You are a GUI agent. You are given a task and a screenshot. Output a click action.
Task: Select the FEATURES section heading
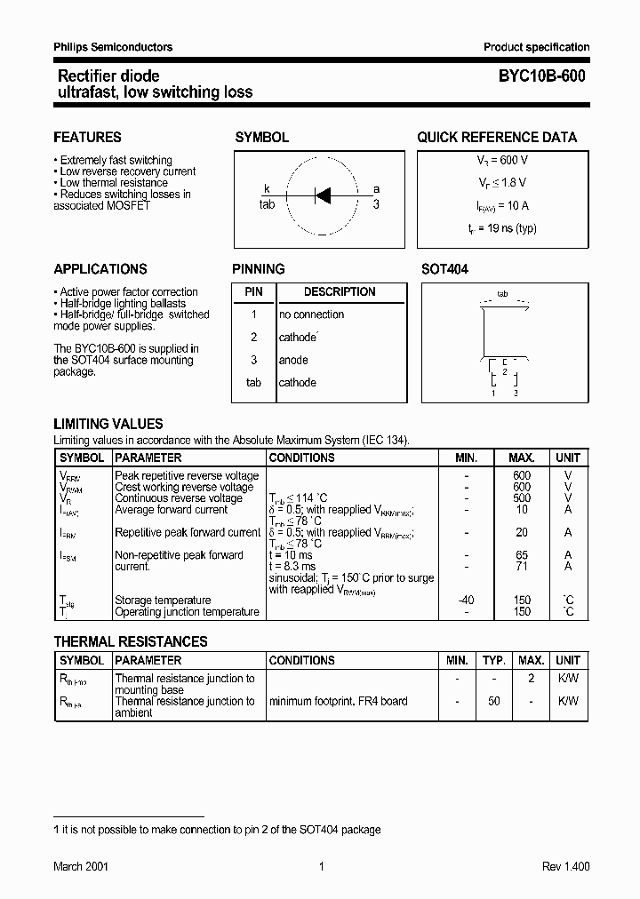coord(87,138)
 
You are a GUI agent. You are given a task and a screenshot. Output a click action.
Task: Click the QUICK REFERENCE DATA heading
coord(497,138)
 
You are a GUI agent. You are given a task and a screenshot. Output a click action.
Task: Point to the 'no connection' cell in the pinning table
coord(311,314)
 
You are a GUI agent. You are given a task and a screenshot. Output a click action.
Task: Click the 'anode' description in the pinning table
coord(293,360)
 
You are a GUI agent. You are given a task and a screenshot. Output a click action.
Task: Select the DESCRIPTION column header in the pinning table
coord(340,291)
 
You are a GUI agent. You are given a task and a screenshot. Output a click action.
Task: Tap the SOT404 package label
coord(444,269)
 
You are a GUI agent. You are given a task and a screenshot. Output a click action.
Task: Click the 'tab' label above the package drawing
coord(502,293)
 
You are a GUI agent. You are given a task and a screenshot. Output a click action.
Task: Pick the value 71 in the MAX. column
coord(522,566)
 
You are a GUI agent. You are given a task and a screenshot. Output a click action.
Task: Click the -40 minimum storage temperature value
coord(466,601)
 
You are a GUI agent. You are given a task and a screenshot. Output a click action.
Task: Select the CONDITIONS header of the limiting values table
coord(301,457)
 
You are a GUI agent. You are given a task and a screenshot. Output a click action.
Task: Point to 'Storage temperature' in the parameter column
coord(163,601)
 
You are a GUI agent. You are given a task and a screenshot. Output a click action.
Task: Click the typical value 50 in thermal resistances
coord(493,701)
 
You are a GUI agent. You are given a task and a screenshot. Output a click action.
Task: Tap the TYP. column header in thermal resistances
coord(493,660)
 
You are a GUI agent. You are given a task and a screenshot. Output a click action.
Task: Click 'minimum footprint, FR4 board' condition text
coord(338,701)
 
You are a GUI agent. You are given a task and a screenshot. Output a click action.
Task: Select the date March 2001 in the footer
coord(81,867)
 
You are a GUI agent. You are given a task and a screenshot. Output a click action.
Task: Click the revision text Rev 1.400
coord(565,867)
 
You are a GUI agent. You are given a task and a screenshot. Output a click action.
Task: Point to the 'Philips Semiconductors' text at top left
coord(113,47)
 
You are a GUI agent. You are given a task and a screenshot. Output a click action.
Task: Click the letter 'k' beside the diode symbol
coord(266,189)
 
